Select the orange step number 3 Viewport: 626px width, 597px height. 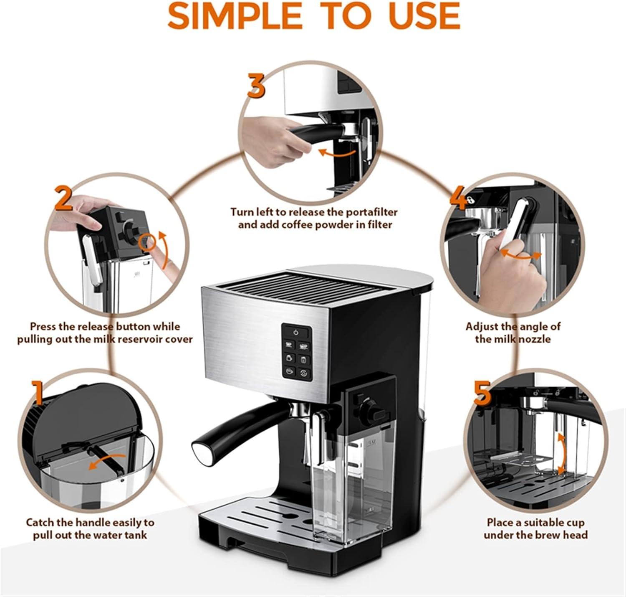click(x=256, y=85)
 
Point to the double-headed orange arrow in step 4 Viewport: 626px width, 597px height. click(x=521, y=255)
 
